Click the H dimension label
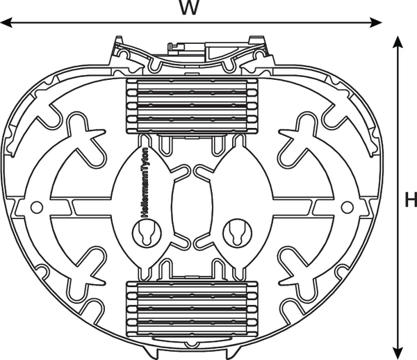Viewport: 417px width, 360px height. (410, 201)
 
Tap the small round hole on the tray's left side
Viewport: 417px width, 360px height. (37, 207)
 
